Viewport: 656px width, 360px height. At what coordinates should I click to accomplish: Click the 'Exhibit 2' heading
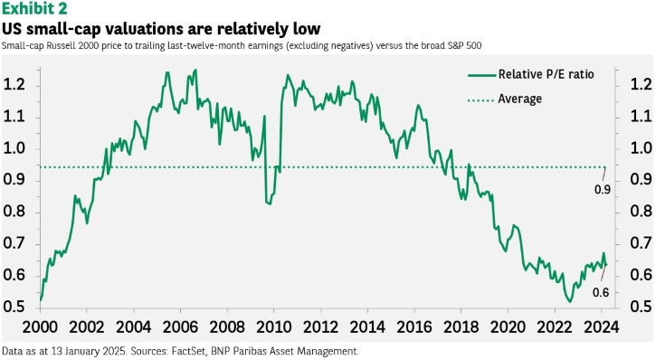34,8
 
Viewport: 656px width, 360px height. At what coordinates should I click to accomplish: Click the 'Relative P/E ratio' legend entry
530,74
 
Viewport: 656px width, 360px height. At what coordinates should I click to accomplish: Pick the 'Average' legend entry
505,99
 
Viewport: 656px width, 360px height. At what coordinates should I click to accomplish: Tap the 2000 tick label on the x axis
40,327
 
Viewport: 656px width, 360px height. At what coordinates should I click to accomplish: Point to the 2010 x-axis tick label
273,327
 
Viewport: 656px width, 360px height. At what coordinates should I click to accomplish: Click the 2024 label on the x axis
601,327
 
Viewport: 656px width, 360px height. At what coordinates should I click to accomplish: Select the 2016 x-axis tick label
414,327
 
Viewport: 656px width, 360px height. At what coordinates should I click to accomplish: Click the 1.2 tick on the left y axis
14,85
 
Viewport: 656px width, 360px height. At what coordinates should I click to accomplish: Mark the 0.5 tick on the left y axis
14,307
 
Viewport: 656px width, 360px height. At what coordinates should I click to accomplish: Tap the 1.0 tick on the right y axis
641,148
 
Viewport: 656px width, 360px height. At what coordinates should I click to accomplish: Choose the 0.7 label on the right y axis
641,243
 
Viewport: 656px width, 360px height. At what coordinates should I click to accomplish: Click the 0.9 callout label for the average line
603,190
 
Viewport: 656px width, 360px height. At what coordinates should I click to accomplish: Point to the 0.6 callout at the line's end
601,293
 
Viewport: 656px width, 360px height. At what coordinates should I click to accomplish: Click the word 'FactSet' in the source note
188,351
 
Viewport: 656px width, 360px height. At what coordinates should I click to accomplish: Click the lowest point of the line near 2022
569,301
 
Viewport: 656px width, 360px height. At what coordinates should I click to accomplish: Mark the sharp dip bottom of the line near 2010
269,204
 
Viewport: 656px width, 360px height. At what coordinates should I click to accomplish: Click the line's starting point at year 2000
41,299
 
